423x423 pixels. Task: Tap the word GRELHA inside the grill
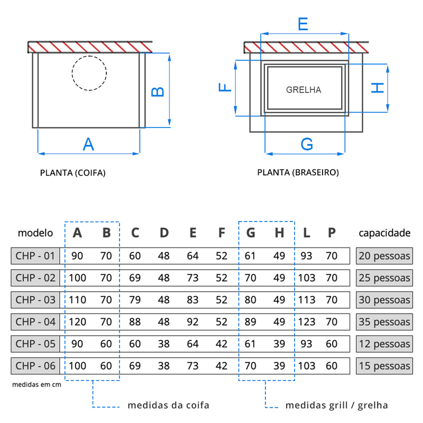[304, 90]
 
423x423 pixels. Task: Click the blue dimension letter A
[88, 144]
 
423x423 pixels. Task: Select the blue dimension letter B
[158, 91]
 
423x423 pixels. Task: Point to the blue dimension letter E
[303, 24]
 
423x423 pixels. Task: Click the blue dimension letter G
[307, 144]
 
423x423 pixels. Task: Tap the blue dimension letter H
[376, 87]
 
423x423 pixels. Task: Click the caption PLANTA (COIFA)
[73, 172]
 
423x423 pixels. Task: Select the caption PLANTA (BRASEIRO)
[298, 172]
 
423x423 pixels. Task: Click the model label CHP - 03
[35, 300]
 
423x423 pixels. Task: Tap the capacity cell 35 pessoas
[384, 321]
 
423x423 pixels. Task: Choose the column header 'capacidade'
[384, 233]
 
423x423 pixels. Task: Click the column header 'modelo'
[35, 233]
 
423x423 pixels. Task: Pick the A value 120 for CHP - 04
[77, 321]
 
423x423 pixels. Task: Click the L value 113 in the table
[307, 300]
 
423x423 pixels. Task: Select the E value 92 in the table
[192, 321]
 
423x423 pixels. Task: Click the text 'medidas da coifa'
[169, 406]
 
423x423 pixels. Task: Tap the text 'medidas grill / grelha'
[337, 406]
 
